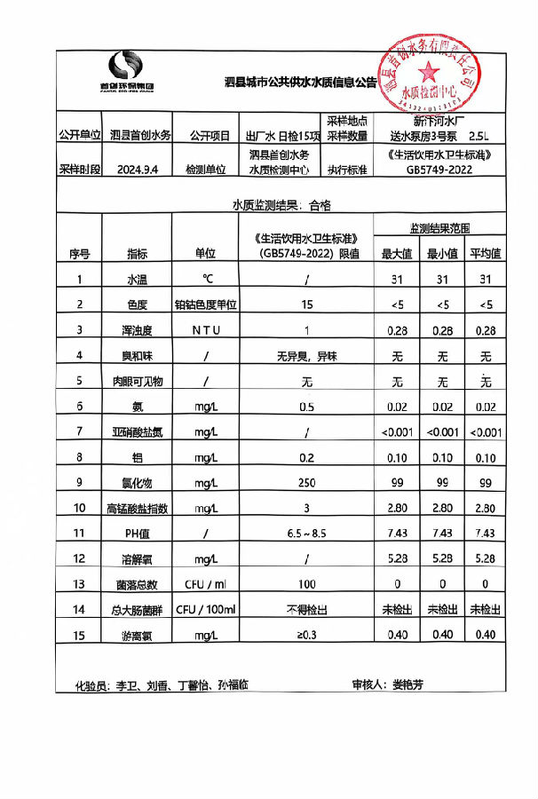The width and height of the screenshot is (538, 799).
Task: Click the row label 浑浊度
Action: [x=138, y=330]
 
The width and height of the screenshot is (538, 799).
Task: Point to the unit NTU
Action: [x=205, y=330]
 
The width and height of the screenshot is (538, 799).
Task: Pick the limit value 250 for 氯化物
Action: [x=306, y=483]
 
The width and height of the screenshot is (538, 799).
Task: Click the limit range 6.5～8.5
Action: [x=306, y=534]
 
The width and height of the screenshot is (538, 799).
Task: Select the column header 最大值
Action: [x=396, y=253]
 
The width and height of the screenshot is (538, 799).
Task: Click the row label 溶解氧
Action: [x=138, y=559]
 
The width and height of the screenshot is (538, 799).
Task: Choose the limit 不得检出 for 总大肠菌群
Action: [x=306, y=610]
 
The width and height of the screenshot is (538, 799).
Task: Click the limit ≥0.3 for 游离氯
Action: [x=306, y=636]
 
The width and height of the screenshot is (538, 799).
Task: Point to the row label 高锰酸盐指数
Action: [x=138, y=509]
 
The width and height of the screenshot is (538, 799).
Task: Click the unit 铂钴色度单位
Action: [x=205, y=305]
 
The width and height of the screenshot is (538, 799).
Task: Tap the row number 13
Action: [x=80, y=584]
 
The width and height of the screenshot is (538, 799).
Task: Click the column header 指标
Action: [x=138, y=253]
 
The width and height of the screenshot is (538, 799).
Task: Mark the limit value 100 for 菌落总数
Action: [x=306, y=584]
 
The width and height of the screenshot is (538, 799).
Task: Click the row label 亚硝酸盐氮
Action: [x=138, y=432]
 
